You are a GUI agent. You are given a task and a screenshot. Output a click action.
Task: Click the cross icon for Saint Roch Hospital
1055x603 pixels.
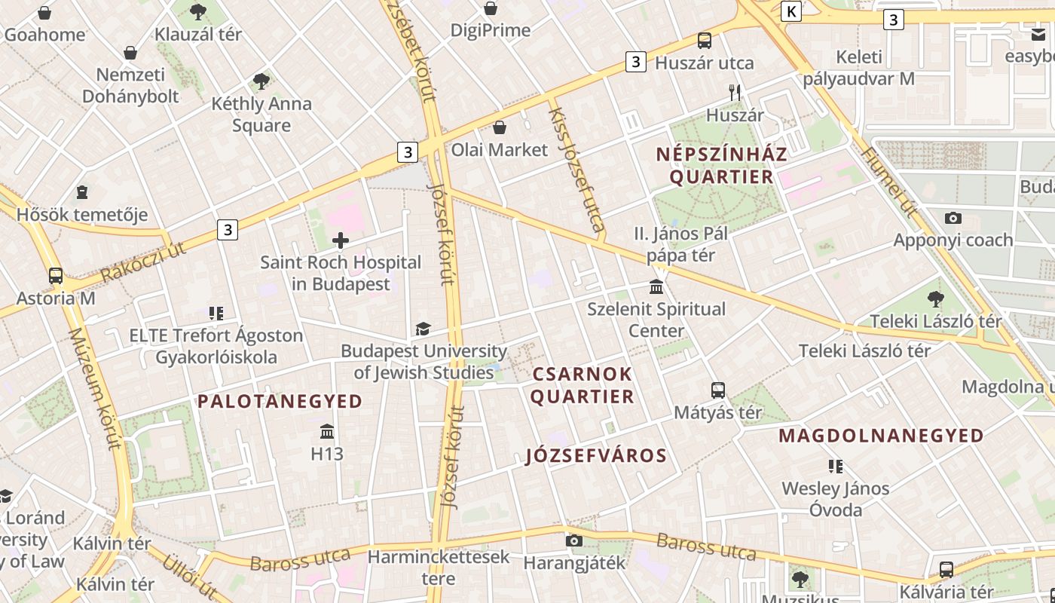coord(341,240)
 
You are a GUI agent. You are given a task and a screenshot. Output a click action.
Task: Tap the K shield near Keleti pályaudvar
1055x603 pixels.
coord(790,11)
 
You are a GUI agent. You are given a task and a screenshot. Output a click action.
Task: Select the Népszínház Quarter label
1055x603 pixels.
coord(721,166)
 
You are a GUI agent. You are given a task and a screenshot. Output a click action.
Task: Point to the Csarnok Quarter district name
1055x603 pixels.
coord(583,385)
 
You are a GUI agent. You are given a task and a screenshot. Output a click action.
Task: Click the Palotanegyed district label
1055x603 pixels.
coord(280,401)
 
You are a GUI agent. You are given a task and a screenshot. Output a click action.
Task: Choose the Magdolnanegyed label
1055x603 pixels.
coord(881,435)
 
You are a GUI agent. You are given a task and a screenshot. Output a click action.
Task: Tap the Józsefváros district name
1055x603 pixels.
coord(596,455)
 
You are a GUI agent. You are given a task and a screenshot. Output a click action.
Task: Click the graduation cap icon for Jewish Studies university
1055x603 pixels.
coord(423,329)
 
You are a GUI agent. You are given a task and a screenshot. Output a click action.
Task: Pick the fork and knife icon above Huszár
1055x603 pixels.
coord(735,93)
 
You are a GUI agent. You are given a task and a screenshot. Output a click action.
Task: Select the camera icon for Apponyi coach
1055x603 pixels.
coord(953,219)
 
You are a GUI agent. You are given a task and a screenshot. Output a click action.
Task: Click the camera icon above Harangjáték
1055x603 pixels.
coord(574,540)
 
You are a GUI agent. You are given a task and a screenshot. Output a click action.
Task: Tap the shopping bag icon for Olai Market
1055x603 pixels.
coord(499,127)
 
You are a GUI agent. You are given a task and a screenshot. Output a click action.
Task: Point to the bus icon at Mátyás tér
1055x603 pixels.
coord(718,390)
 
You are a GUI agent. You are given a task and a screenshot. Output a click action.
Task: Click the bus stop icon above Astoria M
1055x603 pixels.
coord(56,275)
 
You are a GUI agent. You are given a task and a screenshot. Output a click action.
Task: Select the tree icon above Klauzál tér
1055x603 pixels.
coord(198,11)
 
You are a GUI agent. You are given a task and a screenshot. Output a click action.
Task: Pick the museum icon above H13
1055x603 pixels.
coord(327,432)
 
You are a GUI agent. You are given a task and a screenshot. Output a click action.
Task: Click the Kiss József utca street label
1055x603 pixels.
coord(576,170)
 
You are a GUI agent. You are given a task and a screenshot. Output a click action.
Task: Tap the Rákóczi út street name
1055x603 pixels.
coord(142,262)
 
